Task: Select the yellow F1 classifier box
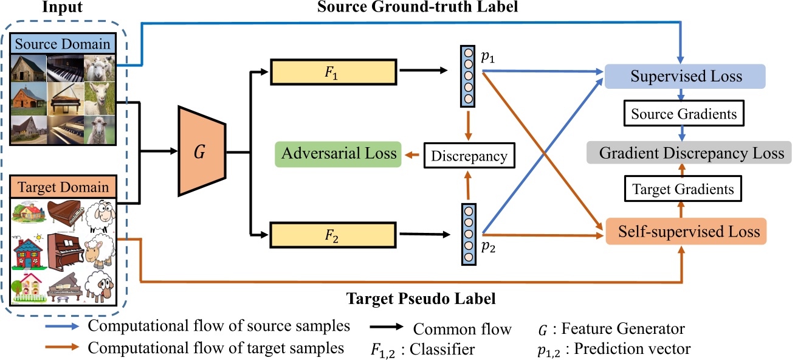pos(333,72)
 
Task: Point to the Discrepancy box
pos(469,156)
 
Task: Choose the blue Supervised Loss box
pos(686,77)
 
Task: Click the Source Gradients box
pos(683,114)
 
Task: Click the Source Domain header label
pos(64,44)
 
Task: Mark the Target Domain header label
pos(64,187)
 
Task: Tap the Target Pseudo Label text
pos(421,299)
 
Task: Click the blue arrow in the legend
pos(61,327)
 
